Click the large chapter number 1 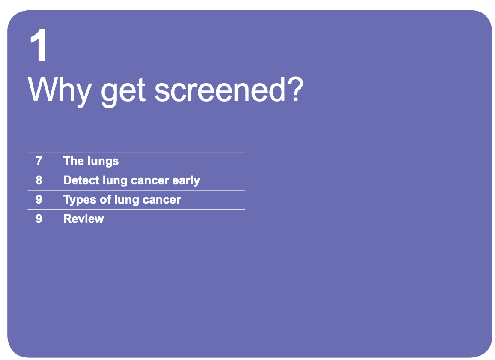[x=39, y=45]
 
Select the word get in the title [x=123, y=92]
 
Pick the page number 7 [x=39, y=161]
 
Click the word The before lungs [x=73, y=161]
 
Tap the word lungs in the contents [x=103, y=162]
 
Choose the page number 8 [x=39, y=180]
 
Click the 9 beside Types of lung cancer [x=39, y=199]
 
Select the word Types [x=80, y=200]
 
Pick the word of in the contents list [x=105, y=199]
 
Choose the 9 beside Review [x=39, y=219]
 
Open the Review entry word [x=83, y=219]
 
